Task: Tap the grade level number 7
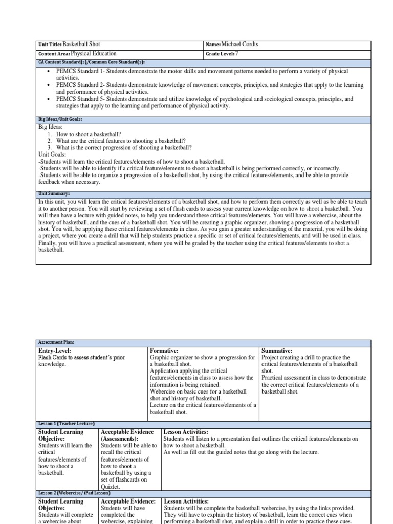point(237,53)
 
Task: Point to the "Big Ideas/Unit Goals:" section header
point(61,119)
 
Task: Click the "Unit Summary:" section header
point(54,194)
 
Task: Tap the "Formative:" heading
point(164,350)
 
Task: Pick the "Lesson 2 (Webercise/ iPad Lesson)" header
point(74,493)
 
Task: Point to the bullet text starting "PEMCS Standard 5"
point(205,99)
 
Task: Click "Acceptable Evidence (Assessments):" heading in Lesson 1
point(128,435)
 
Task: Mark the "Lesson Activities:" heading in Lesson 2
point(186,501)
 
